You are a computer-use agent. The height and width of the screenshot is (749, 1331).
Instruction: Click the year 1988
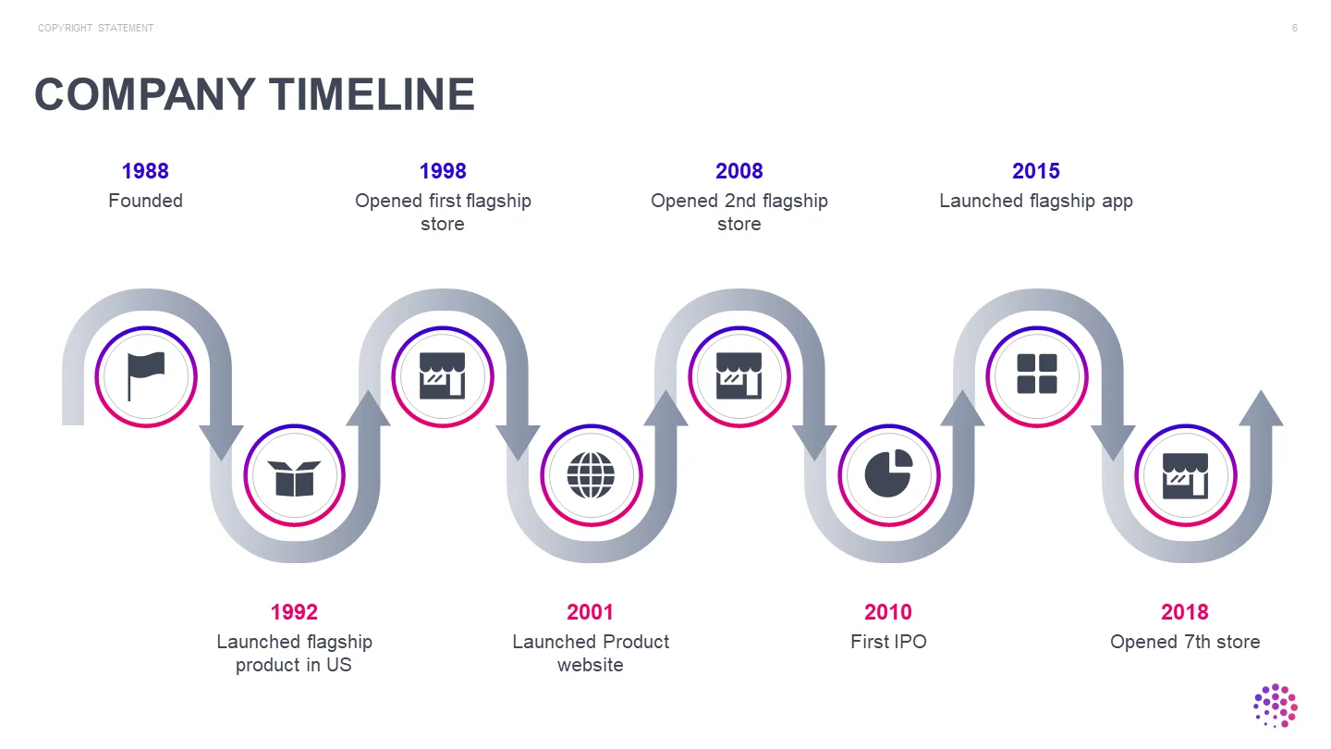[145, 171]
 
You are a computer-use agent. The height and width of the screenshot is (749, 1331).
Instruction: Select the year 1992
[294, 612]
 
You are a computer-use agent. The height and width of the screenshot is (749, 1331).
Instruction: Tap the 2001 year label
[590, 612]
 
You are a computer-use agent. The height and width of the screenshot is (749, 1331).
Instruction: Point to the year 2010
[888, 612]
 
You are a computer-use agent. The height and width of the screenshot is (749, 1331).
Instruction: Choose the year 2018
[1185, 612]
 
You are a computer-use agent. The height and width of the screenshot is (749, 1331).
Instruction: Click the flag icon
[146, 376]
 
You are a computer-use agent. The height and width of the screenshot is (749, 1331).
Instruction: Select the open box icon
[294, 478]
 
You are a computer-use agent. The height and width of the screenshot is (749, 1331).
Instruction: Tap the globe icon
[591, 475]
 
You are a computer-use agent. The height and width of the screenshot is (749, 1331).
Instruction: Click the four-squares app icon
[1037, 374]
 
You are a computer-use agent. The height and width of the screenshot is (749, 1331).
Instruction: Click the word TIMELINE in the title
[372, 94]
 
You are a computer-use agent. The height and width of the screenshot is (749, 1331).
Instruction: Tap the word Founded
[146, 201]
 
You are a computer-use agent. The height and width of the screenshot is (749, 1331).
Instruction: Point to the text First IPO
[888, 642]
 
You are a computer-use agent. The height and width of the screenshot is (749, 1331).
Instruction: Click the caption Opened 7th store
[1185, 642]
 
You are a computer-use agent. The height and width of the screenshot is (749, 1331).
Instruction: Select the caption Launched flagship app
[1036, 202]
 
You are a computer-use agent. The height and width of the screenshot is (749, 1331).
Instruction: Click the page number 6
[1295, 28]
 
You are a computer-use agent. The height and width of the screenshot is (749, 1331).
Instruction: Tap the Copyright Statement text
[96, 28]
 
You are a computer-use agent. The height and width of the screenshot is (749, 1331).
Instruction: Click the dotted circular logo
[1276, 706]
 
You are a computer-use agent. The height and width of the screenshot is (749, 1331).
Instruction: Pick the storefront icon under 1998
[443, 375]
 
